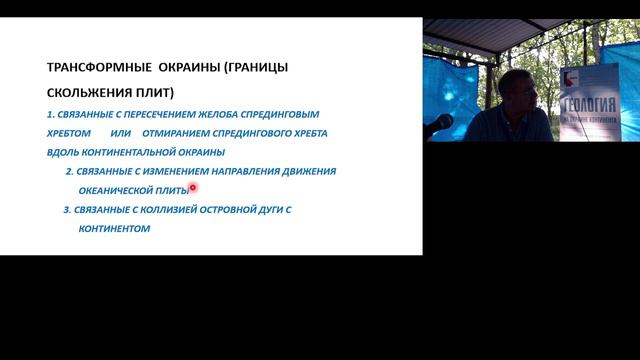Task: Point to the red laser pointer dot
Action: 192,186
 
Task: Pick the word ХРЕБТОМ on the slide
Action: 70,133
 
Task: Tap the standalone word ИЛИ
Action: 121,133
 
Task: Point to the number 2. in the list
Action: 69,171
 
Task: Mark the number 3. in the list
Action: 67,209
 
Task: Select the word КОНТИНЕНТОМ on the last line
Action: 113,228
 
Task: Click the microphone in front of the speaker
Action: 439,124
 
